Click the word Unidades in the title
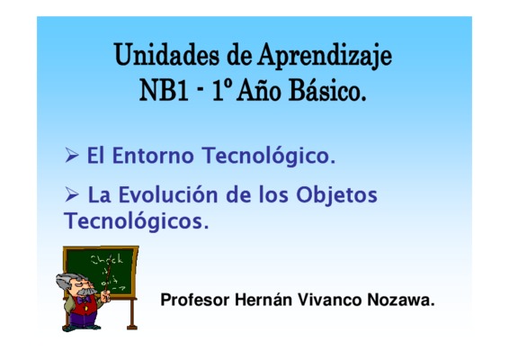167,55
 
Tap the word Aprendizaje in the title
325,57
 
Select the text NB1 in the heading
164,90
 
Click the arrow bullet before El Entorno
72,155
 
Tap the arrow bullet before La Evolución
72,194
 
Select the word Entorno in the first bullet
153,156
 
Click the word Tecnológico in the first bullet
269,157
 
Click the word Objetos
336,196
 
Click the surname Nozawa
401,300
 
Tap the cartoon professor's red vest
85,306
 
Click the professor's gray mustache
86,292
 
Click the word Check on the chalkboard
107,259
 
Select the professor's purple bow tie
85,299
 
